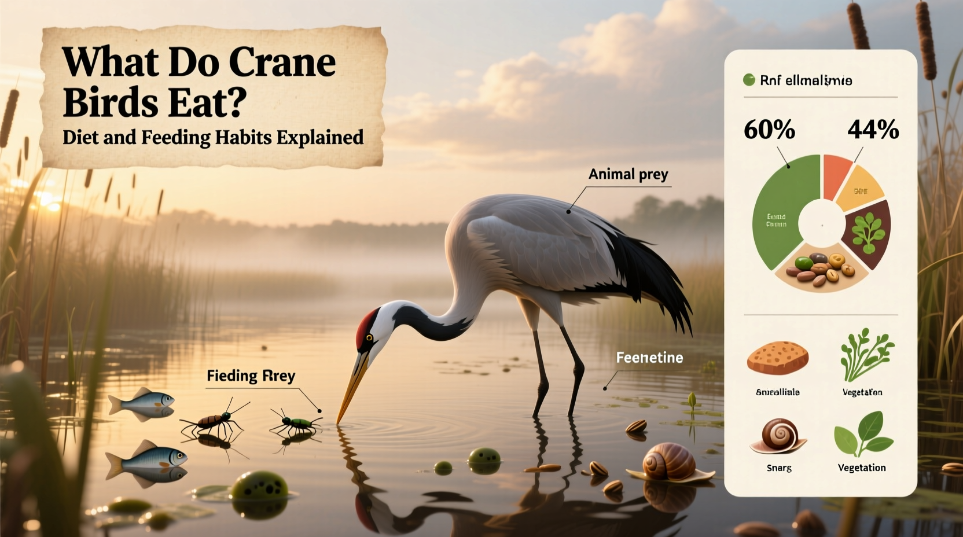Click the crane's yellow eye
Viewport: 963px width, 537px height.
(x=369, y=337)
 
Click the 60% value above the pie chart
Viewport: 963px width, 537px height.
(x=769, y=130)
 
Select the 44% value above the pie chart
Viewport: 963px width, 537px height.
(x=873, y=130)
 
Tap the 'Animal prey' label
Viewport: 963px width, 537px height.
(x=628, y=174)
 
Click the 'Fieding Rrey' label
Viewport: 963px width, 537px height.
(x=251, y=376)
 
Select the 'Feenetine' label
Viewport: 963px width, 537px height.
(x=649, y=358)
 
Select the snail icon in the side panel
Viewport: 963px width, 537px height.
(x=778, y=436)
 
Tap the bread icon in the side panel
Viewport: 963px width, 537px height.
(x=777, y=358)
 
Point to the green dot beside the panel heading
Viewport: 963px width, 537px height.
(x=749, y=80)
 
